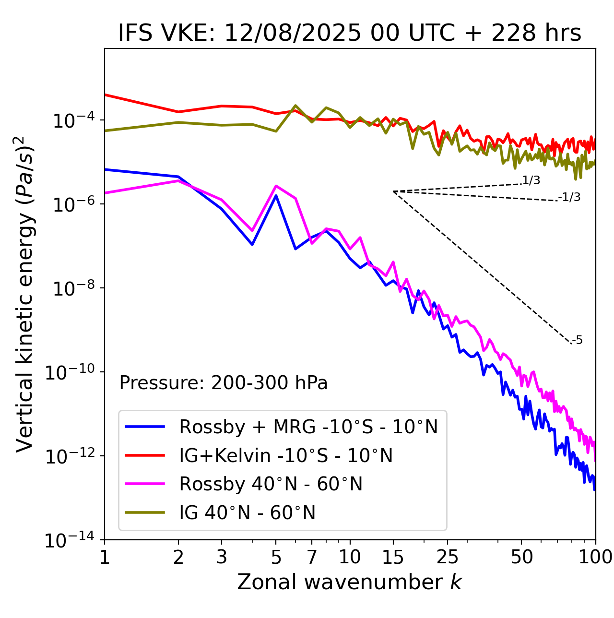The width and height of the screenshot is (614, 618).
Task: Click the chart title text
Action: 350,34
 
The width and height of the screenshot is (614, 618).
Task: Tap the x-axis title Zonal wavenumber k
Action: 350,582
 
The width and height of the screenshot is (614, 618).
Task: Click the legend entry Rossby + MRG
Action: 308,427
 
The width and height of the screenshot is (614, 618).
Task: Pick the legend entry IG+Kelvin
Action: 286,455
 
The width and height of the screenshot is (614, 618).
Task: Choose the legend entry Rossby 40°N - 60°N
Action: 271,484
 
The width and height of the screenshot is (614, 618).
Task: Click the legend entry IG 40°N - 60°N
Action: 247,513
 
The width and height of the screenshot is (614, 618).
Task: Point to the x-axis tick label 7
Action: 312,558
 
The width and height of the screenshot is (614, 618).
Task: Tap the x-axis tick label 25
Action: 447,558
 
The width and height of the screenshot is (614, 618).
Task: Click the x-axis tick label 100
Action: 595,558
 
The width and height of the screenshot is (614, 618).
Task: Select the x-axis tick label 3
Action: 222,558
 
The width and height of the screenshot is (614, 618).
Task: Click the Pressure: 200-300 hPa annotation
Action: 224,383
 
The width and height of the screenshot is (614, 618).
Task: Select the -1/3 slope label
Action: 569,197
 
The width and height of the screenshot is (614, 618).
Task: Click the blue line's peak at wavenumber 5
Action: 276,196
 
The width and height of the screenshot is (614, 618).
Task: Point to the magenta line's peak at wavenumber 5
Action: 276,186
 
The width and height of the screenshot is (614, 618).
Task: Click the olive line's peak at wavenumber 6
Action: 295,106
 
